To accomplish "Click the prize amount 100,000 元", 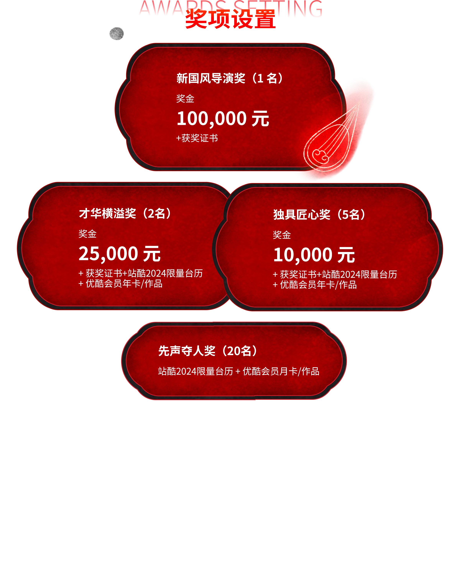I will click(x=223, y=119).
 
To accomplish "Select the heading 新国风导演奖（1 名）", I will click(x=230, y=78).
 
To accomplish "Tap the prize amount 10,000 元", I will click(x=314, y=255).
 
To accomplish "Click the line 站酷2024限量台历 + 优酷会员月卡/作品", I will click(x=238, y=371).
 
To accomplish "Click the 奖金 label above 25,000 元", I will click(x=87, y=234).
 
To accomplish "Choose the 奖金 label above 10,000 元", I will click(x=282, y=235).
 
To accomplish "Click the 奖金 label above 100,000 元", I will click(x=185, y=98).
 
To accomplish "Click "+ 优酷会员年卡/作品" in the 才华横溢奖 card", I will click(x=121, y=284).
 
